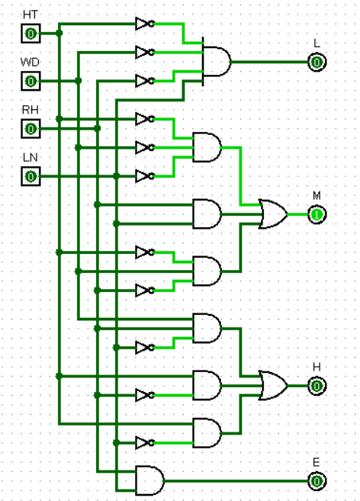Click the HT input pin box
pyautogui.click(x=30, y=34)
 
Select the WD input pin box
pyautogui.click(x=30, y=81)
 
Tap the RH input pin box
pyautogui.click(x=30, y=128)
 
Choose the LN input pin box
pyautogui.click(x=30, y=176)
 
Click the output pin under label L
pyautogui.click(x=317, y=62)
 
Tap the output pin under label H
pyautogui.click(x=317, y=387)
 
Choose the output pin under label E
pyautogui.click(x=317, y=481)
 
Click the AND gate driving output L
pyautogui.click(x=217, y=61)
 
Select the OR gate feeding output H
pyautogui.click(x=273, y=386)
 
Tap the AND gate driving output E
pyautogui.click(x=149, y=480)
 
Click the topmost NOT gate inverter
pyautogui.click(x=143, y=24)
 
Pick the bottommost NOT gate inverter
pyautogui.click(x=143, y=442)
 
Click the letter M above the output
pyautogui.click(x=317, y=196)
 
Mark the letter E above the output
pyautogui.click(x=317, y=463)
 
